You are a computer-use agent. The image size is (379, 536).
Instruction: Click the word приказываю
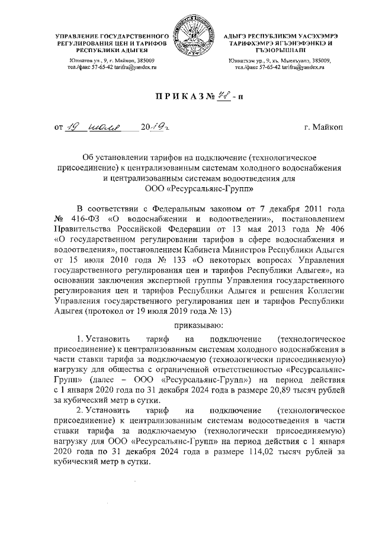tap(198, 325)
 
